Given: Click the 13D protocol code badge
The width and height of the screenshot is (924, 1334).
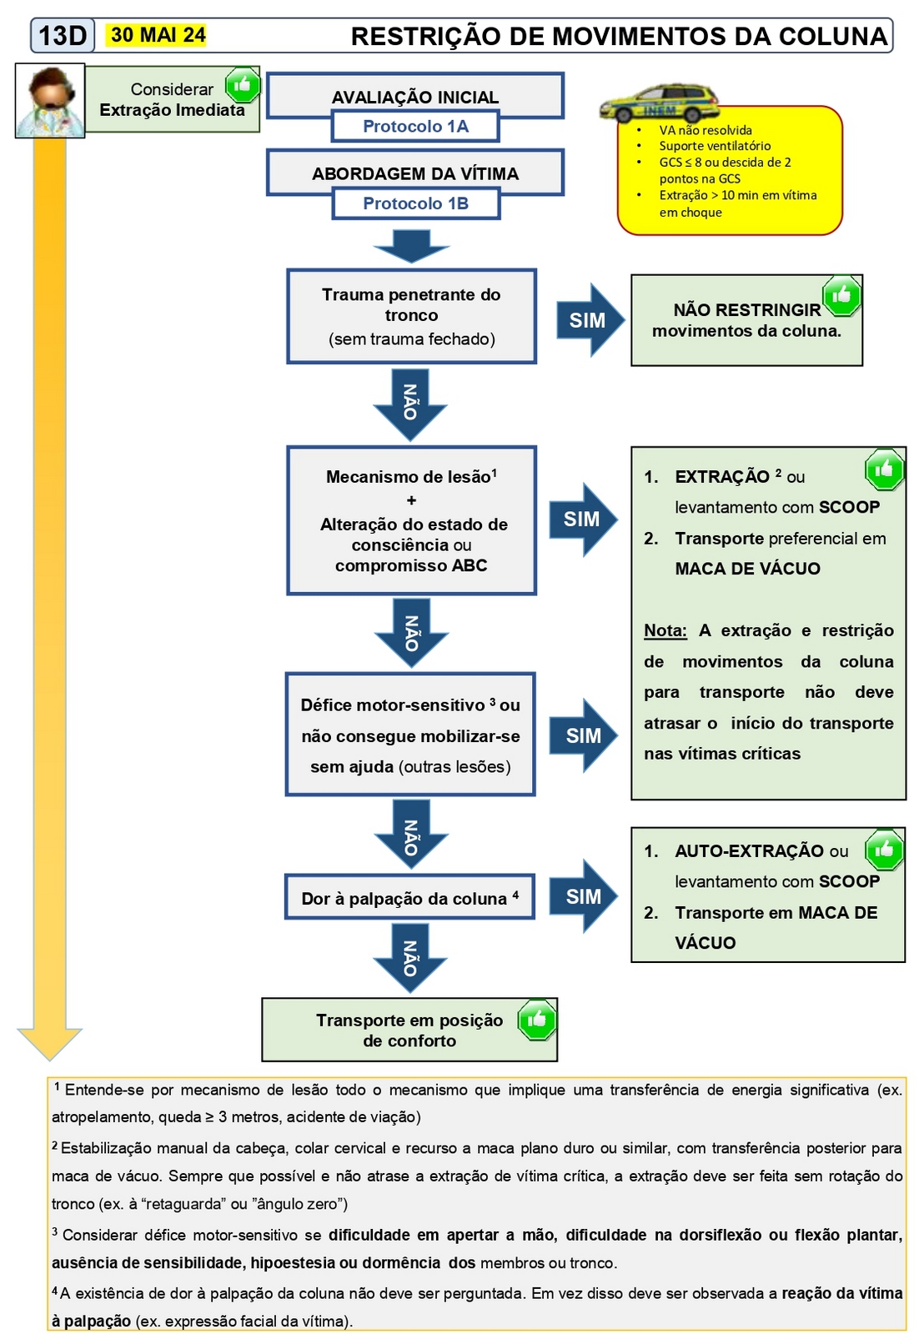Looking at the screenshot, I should [x=63, y=35].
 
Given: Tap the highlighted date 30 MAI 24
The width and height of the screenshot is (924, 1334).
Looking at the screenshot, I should [x=158, y=35].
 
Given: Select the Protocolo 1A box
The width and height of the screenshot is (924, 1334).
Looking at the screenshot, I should [x=415, y=127].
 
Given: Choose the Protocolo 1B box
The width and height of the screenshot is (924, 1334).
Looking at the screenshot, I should [x=415, y=203].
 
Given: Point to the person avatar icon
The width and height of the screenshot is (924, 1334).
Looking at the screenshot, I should [x=50, y=100].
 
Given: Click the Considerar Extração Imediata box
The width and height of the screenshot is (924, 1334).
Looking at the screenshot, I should [x=172, y=100].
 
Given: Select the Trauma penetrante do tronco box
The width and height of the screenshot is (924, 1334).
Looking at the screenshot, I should [x=411, y=316].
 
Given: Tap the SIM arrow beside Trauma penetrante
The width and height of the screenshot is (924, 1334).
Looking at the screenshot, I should [x=589, y=320].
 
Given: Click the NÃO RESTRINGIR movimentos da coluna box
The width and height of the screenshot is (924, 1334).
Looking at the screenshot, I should [x=746, y=320].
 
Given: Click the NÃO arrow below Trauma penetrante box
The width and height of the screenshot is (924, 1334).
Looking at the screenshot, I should [x=410, y=403].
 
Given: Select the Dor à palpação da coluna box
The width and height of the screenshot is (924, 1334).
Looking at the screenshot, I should [x=409, y=898].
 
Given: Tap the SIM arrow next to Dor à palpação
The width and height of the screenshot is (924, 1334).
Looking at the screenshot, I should [x=585, y=896].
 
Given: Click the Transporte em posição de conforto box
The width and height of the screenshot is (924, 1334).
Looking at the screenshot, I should [x=409, y=1031].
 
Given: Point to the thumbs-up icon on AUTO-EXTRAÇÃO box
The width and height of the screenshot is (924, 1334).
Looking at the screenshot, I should [x=884, y=850].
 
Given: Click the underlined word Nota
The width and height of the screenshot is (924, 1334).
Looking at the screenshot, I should [x=665, y=631].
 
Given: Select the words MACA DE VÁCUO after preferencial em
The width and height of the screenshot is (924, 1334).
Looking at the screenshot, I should [x=747, y=569].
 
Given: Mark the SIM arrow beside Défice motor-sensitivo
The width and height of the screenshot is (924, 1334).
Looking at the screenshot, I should [x=585, y=735].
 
